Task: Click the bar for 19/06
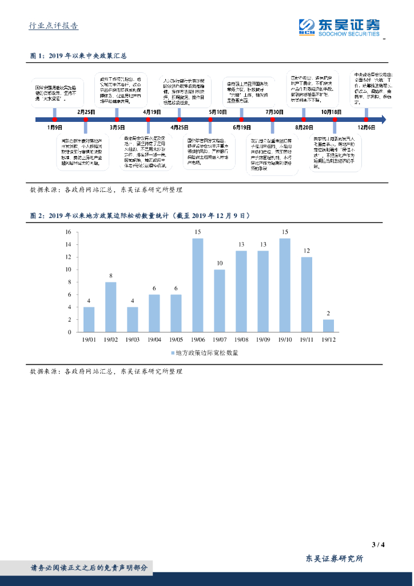tap(198, 285)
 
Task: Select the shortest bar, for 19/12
tap(328, 326)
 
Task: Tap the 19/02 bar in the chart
tap(110, 307)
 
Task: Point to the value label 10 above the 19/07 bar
tap(220, 263)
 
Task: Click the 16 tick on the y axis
tap(67, 232)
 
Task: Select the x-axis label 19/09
tap(263, 340)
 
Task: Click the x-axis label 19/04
tap(154, 340)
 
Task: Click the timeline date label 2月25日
tap(86, 112)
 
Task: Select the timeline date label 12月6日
tap(367, 127)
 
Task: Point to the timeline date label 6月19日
tap(242, 127)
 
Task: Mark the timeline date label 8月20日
tap(304, 127)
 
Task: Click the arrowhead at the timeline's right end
tap(383, 120)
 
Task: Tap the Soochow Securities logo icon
tap(307, 26)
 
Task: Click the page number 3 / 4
tap(378, 544)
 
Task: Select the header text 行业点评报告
tap(54, 26)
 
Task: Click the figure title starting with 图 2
tap(140, 216)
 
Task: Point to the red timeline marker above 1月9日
tap(55, 120)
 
